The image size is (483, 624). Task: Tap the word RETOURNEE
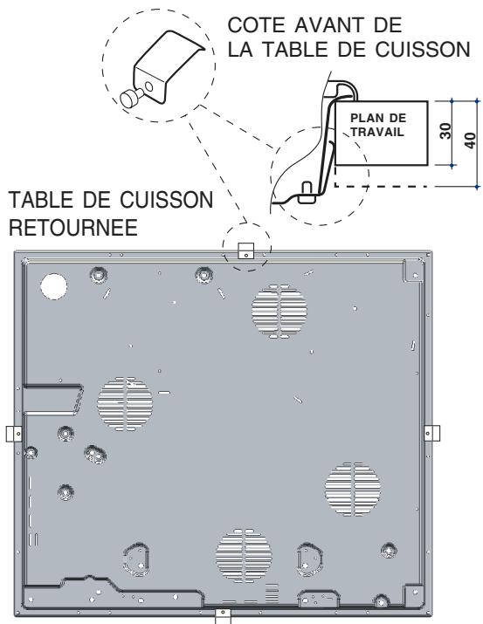tap(73, 228)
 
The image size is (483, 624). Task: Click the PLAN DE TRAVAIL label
tap(378, 125)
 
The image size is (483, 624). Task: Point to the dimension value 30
tap(446, 131)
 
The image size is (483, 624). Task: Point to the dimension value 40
tap(470, 141)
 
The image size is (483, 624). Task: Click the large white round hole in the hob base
tap(53, 286)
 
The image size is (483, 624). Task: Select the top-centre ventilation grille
tap(279, 312)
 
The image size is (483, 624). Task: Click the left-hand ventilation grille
tap(125, 403)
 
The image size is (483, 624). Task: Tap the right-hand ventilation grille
tap(352, 489)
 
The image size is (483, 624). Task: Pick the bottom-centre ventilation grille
tap(244, 556)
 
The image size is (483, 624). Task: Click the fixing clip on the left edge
tap(14, 434)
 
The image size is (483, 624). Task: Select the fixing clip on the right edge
tap(431, 433)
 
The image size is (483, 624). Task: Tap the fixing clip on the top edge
tap(245, 250)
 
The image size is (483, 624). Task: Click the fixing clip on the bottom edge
tap(223, 615)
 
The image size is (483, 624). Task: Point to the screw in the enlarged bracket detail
tap(132, 98)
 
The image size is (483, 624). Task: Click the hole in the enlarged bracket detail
tap(148, 86)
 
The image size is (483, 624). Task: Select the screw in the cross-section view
tap(307, 192)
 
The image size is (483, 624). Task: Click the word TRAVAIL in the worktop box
tap(378, 131)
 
